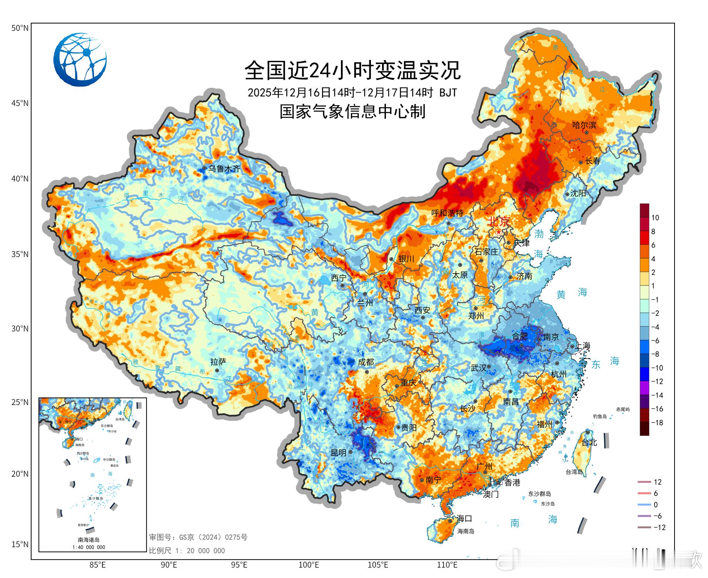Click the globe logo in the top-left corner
(80, 59)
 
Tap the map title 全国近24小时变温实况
(352, 70)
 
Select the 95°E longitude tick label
(239, 565)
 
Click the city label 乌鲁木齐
(224, 169)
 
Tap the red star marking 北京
(499, 232)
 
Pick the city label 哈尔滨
(584, 125)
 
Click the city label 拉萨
(218, 362)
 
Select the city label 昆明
(339, 453)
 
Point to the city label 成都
(366, 362)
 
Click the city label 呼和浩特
(447, 213)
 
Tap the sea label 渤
(539, 234)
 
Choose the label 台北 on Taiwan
(589, 442)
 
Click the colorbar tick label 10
(655, 218)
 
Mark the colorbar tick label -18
(656, 423)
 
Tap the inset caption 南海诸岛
(88, 540)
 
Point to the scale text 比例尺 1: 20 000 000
(187, 551)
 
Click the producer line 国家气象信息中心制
(352, 112)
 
